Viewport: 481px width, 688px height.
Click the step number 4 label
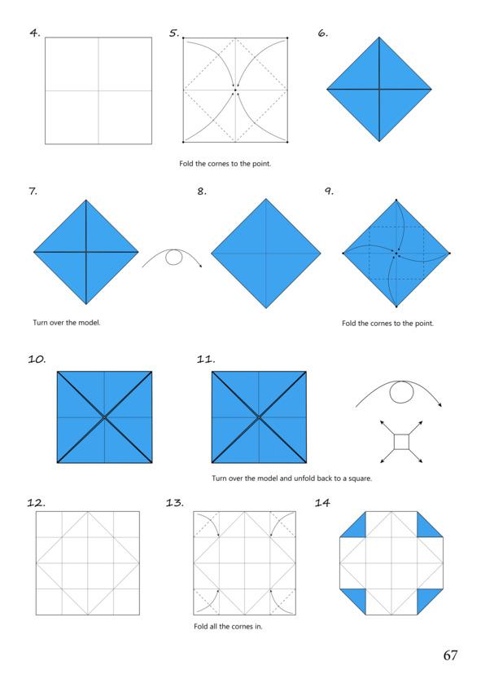(35, 33)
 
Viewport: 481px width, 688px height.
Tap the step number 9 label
(329, 191)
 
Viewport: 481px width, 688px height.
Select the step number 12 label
(36, 502)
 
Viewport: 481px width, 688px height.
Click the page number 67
(450, 655)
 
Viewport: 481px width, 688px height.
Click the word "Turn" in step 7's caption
(40, 323)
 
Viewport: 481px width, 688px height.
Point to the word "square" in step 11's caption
(360, 479)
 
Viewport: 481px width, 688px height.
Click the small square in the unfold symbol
(401, 442)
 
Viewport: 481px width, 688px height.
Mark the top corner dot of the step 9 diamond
(396, 200)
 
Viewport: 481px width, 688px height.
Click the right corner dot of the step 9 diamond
(449, 254)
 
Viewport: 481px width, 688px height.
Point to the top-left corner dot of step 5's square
(183, 38)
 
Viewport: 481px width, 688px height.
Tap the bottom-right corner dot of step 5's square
(287, 142)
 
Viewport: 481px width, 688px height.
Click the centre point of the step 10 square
(105, 417)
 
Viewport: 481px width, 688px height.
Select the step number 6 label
(323, 33)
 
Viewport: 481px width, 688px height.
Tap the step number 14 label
(322, 502)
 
